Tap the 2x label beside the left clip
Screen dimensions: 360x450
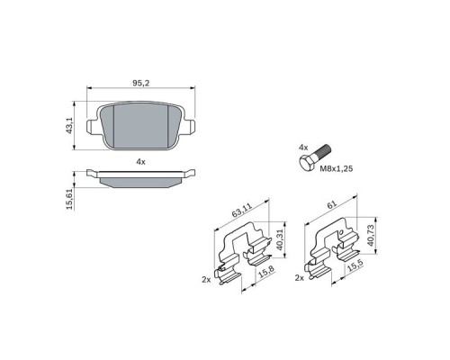[x=206, y=280]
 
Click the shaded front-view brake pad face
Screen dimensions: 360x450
[x=139, y=126]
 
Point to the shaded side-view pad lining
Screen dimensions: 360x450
[x=139, y=181]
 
